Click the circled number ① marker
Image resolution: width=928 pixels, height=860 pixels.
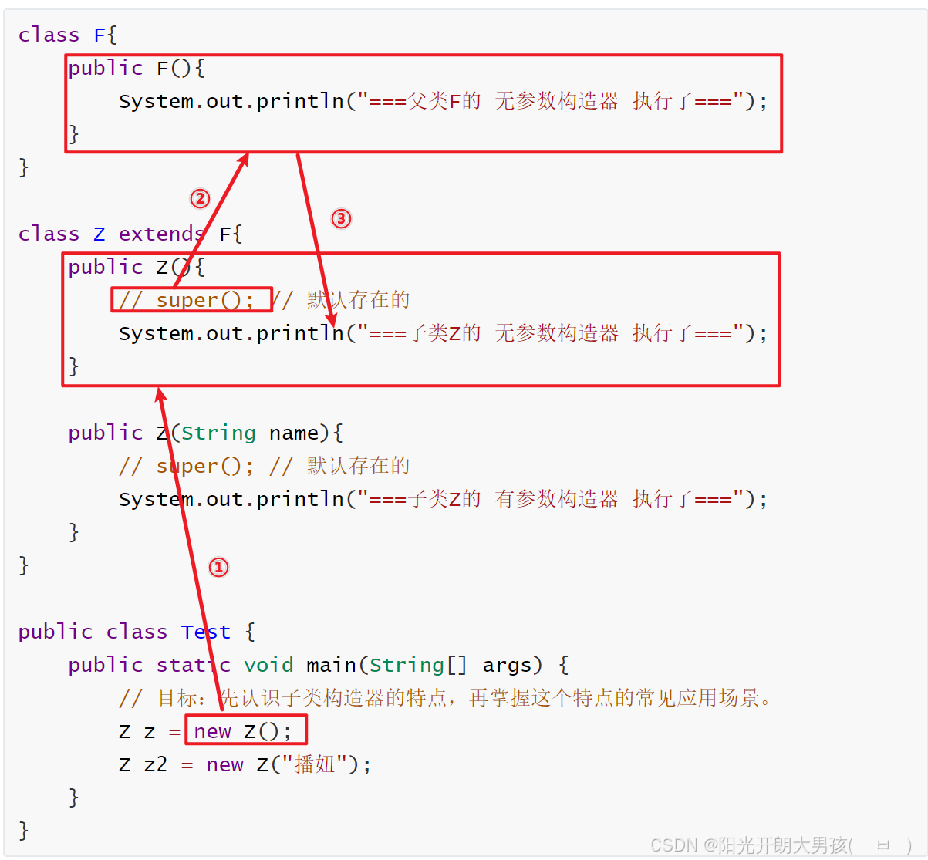point(219,568)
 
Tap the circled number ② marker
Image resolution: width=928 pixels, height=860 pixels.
point(200,199)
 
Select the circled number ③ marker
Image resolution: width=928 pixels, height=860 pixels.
point(341,219)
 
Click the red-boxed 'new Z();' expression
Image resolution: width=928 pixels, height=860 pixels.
point(246,730)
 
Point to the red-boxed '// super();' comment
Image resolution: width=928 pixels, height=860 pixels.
point(192,299)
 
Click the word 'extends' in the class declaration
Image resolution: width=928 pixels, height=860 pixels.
point(161,234)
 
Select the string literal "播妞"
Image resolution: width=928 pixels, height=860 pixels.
point(315,764)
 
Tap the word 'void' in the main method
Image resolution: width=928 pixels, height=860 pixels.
point(268,665)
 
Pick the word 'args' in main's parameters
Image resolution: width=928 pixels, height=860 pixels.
point(507,665)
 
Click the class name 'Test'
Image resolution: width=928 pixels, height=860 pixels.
point(206,632)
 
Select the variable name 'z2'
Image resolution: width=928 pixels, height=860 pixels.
point(155,764)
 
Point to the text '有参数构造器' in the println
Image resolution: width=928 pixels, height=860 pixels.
point(556,499)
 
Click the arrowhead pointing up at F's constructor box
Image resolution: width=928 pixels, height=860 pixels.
point(245,158)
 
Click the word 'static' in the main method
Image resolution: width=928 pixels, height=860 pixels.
point(193,665)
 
